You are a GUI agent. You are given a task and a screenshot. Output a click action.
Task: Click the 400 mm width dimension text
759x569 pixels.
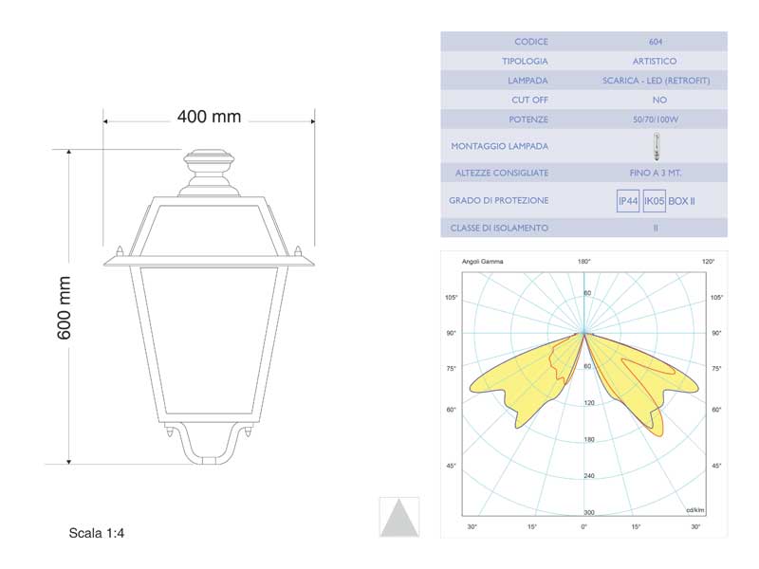tap(209, 117)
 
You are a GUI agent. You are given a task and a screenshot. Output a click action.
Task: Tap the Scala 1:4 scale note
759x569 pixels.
tap(97, 533)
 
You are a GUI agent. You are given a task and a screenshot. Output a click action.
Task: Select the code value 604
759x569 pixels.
tap(656, 42)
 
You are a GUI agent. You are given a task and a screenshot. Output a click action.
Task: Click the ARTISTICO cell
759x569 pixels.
tap(656, 62)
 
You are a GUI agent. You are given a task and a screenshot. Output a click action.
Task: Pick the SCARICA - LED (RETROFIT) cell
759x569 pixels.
tap(656, 81)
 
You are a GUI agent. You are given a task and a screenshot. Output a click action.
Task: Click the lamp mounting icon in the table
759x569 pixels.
tap(656, 147)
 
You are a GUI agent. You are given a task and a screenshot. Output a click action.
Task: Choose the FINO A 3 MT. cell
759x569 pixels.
tap(656, 174)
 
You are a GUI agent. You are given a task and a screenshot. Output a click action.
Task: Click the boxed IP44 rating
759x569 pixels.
tap(627, 201)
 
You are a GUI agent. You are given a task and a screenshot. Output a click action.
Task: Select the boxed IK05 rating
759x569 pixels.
tap(654, 201)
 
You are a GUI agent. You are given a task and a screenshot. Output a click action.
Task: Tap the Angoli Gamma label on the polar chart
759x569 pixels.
tap(483, 261)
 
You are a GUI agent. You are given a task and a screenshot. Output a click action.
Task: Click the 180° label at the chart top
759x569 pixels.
tap(584, 261)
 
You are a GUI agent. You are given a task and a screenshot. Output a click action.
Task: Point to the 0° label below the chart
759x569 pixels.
tap(584, 526)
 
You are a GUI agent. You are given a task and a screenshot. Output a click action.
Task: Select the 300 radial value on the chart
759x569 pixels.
tap(588, 511)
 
